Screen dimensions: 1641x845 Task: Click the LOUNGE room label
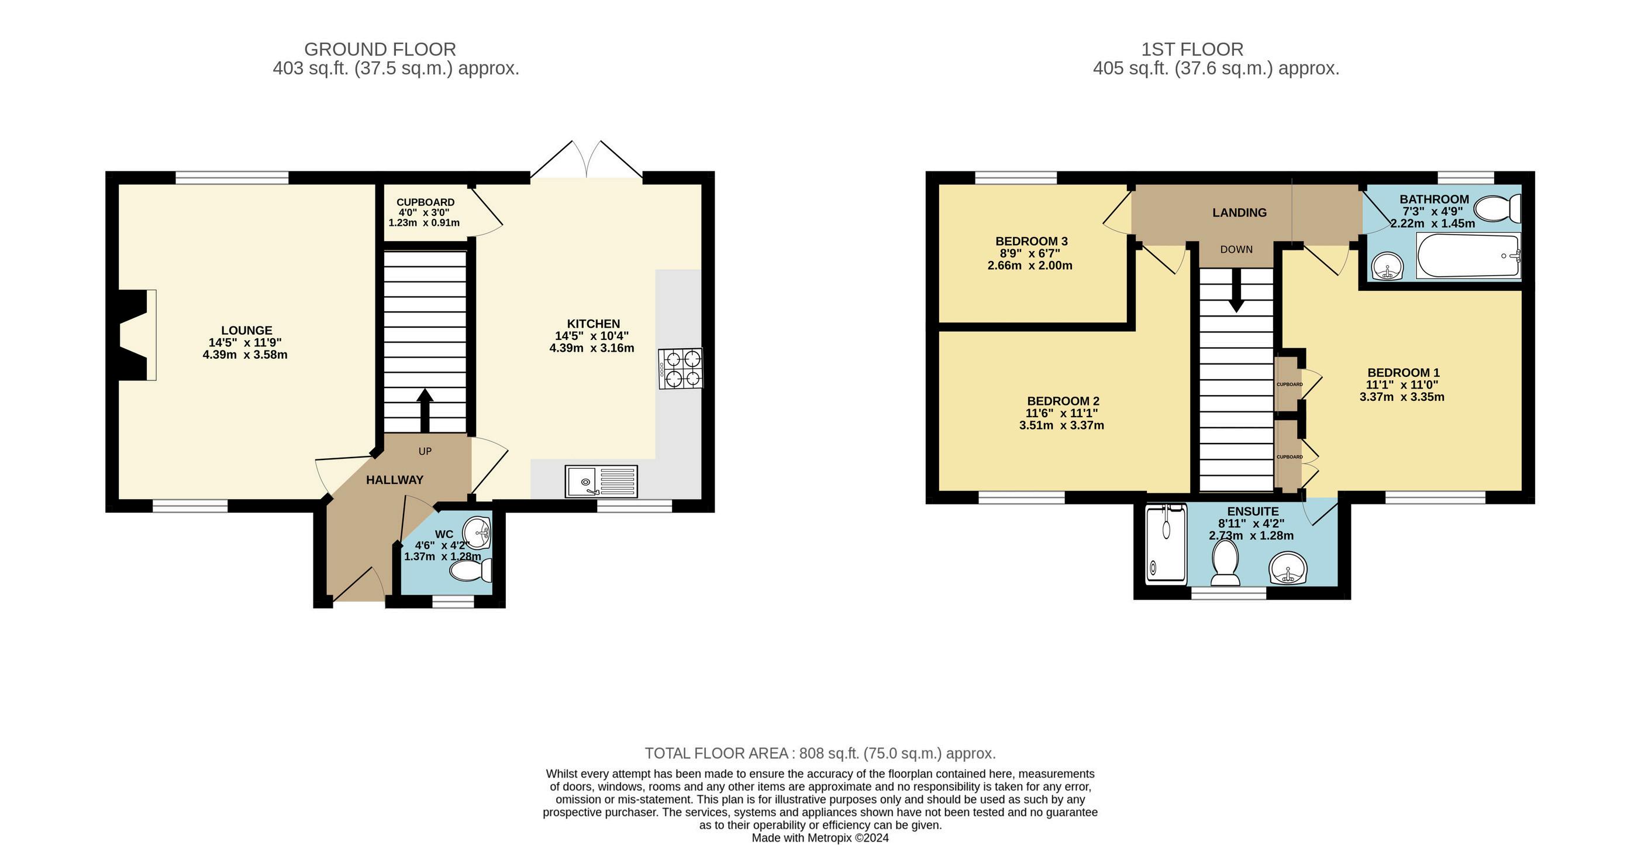coord(247,330)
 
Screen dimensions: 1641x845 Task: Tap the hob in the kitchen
coord(680,368)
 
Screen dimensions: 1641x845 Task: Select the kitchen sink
coord(601,481)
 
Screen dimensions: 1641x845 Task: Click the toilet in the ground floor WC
coord(471,571)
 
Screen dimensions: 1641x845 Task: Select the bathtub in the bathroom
coord(1468,256)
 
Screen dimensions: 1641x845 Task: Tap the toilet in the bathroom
coord(1498,208)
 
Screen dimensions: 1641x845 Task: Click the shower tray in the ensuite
coord(1166,544)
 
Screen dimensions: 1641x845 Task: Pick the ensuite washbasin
coord(1288,568)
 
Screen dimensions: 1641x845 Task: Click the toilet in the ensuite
coord(1225,564)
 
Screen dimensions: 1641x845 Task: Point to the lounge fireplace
coord(134,335)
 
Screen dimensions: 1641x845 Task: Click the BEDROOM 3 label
coord(1032,242)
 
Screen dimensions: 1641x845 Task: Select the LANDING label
coord(1239,213)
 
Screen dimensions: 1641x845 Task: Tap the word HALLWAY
coord(394,480)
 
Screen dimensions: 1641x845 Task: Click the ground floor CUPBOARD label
coord(425,202)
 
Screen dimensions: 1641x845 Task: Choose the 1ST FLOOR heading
coord(1192,49)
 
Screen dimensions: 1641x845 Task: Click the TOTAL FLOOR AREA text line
coord(820,753)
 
